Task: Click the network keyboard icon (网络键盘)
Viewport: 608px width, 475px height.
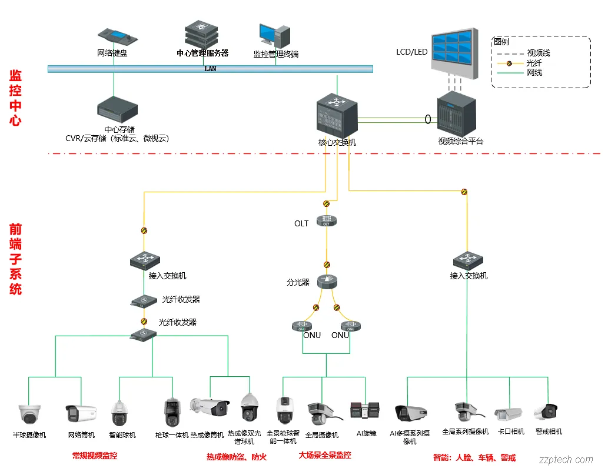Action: coord(118,37)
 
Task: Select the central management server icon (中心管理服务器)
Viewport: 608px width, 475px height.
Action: coord(202,35)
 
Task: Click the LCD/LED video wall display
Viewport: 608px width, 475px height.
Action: coord(453,53)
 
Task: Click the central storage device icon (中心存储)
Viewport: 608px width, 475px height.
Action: coord(117,111)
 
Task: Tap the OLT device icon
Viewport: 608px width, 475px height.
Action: coord(327,221)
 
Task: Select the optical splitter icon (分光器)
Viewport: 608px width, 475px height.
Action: coord(327,282)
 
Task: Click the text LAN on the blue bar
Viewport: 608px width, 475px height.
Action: coord(210,69)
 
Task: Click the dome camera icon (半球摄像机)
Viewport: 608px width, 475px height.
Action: coord(29,413)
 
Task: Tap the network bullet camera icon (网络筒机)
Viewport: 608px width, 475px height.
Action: coord(81,413)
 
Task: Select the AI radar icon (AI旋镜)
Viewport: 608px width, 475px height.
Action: coord(364,410)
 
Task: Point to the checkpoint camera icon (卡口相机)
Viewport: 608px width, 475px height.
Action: coord(508,413)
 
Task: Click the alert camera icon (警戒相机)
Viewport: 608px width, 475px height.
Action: coord(546,411)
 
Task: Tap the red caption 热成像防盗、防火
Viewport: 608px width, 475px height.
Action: coord(236,457)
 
